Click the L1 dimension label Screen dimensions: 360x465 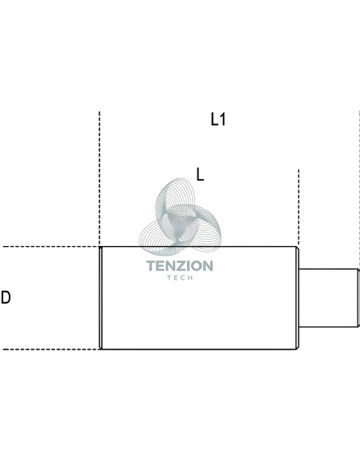[218, 119]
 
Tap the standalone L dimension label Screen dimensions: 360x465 [200, 174]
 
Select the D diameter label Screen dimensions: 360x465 [6, 298]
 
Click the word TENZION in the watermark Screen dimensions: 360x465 [180, 266]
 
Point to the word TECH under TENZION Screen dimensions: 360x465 [180, 278]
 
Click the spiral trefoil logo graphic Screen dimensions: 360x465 [180, 217]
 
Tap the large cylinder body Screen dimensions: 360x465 [198, 298]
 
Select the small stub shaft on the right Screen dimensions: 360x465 [329, 298]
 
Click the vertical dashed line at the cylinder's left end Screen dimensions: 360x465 [100, 178]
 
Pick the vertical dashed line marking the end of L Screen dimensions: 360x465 [299, 208]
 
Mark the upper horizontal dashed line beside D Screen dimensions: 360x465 [50, 247]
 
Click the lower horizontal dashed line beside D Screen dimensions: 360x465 [50, 350]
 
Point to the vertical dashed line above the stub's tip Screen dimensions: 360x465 [359, 190]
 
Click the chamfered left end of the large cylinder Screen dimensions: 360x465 [101, 298]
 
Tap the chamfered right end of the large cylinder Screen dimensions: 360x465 [297, 298]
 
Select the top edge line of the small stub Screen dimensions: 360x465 [329, 269]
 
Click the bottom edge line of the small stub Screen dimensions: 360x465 [329, 326]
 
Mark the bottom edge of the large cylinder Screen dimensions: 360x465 [198, 350]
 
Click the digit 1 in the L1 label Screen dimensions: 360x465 [222, 119]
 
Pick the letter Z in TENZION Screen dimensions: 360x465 [181, 266]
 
